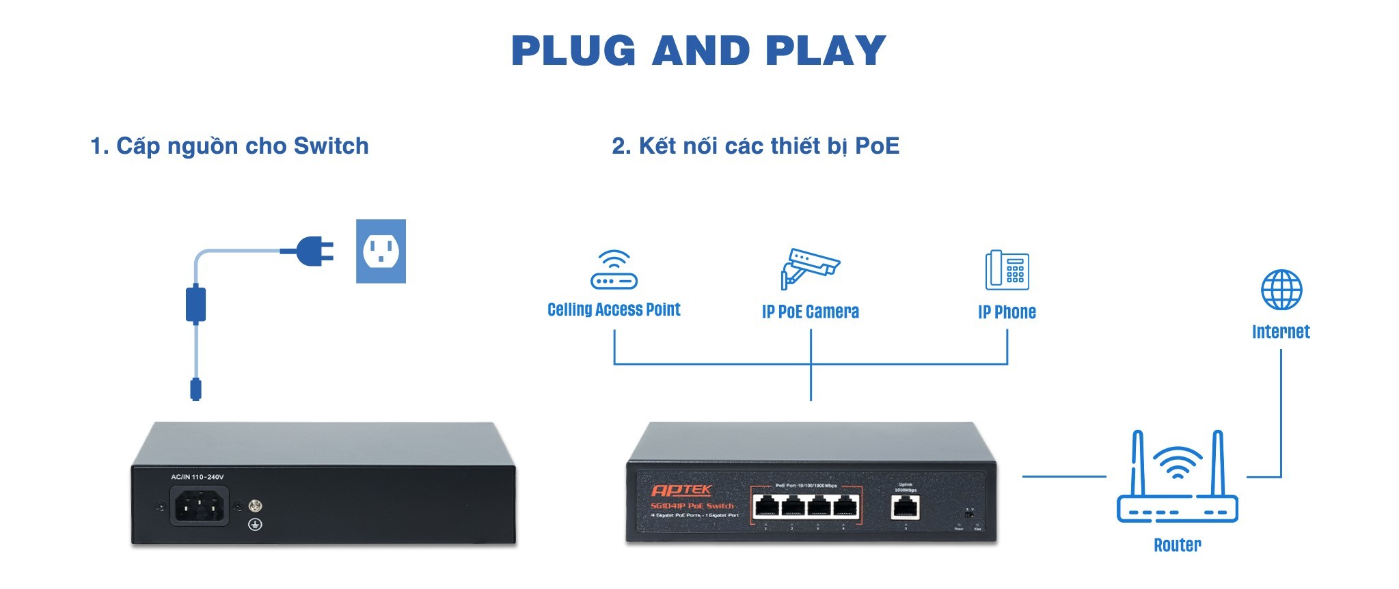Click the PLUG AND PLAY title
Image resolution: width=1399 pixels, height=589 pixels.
(x=698, y=51)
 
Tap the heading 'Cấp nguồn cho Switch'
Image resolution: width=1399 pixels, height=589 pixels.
(x=230, y=146)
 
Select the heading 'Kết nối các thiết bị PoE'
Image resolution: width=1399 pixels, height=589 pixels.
(x=755, y=146)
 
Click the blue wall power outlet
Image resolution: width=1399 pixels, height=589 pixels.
(x=381, y=251)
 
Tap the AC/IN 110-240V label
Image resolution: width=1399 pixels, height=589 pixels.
(x=197, y=477)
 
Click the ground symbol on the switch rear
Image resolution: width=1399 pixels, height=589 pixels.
(x=255, y=524)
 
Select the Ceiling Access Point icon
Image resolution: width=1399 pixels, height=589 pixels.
(x=614, y=270)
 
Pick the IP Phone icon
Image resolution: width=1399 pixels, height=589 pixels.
(x=1007, y=270)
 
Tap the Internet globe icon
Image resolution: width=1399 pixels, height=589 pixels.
(x=1281, y=290)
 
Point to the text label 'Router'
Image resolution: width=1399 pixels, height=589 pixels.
(x=1177, y=545)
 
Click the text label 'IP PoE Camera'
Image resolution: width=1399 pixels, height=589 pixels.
(x=810, y=312)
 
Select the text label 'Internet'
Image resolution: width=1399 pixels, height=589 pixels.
(x=1281, y=332)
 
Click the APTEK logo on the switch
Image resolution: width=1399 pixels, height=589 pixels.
(x=681, y=490)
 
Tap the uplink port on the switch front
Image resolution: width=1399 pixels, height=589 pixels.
(x=906, y=507)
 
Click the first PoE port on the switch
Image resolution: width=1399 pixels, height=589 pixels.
(x=765, y=506)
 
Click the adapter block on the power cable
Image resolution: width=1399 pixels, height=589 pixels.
(x=196, y=304)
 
